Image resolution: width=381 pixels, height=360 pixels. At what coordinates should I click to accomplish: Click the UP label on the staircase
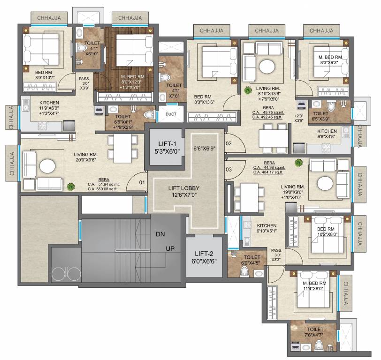170,249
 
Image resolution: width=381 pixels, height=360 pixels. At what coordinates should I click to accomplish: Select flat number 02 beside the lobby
229,144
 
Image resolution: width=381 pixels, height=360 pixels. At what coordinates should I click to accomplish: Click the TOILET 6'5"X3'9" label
320,116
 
